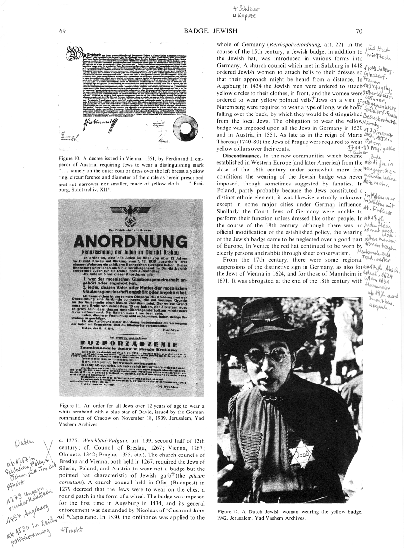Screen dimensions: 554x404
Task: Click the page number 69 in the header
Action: tap(62, 31)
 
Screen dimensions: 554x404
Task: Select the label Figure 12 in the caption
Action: tap(230, 512)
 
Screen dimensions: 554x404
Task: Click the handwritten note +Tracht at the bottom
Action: tap(71, 529)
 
